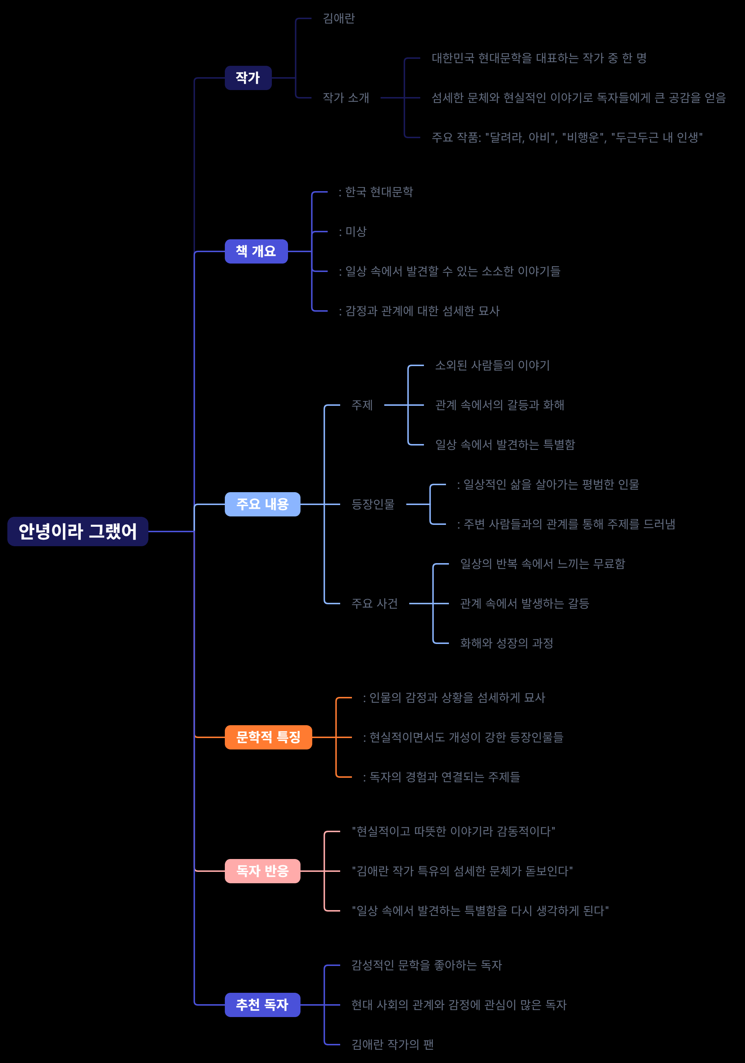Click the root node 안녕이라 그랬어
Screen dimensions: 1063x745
point(78,531)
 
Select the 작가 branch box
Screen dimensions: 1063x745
point(248,78)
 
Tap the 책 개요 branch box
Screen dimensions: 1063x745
point(256,251)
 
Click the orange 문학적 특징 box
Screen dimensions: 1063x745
point(269,737)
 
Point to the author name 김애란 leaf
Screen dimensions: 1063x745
point(339,18)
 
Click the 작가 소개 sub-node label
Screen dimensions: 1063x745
point(346,98)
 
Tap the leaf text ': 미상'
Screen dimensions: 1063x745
point(353,232)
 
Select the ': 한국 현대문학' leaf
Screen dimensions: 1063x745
point(376,192)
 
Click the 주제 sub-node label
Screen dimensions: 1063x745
point(362,405)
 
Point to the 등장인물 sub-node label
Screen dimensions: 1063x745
point(373,504)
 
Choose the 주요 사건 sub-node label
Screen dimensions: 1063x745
point(374,603)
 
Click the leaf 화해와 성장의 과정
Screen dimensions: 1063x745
point(507,643)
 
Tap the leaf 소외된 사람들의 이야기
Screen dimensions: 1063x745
point(492,365)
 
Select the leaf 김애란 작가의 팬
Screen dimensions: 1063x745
point(392,1045)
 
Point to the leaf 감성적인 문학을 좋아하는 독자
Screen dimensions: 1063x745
point(427,965)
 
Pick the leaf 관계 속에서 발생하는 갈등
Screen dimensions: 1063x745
point(524,603)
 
